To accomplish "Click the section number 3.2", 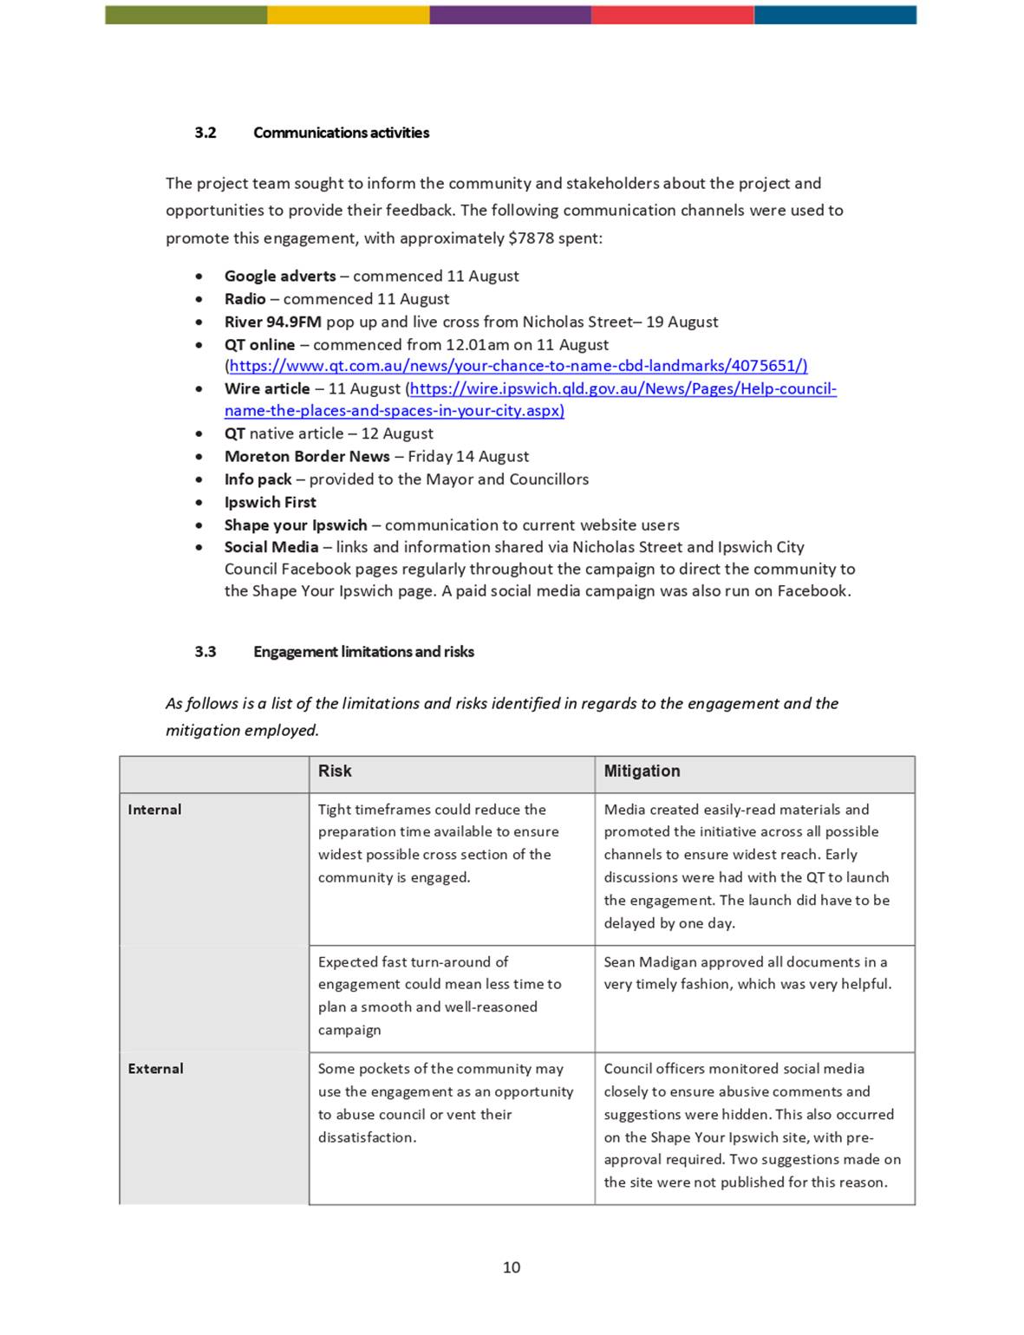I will point(205,133).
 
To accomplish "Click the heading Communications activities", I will point(341,133).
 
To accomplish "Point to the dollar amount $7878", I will point(531,238).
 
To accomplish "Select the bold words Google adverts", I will point(279,277).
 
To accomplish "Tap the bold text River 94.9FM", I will point(272,322).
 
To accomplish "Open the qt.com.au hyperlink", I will point(518,367).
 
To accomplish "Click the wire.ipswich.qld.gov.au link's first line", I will point(623,389).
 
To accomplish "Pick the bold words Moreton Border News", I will point(307,457).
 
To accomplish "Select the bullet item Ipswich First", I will point(270,503).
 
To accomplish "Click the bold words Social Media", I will point(271,548).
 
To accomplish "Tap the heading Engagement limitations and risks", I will point(363,652).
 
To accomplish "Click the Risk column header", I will point(335,772).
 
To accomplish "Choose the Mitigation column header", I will point(642,772).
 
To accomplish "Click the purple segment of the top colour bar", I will point(510,15).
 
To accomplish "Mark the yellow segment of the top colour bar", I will point(348,15).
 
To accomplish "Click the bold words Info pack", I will point(258,480).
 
